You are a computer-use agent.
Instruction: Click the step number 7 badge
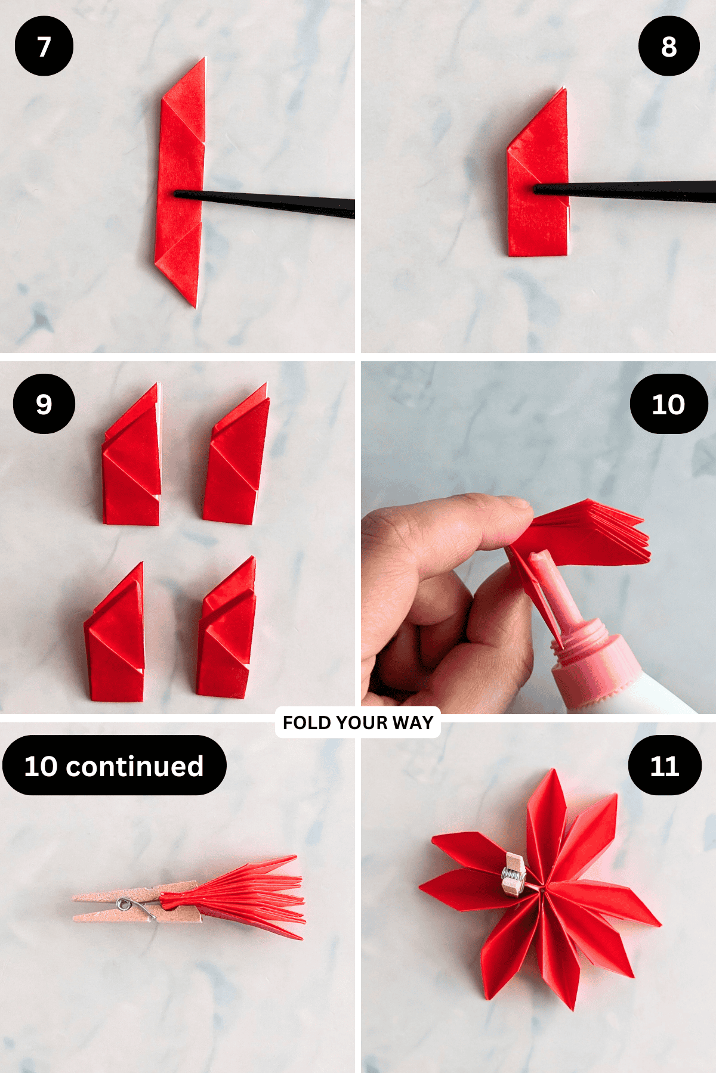click(44, 46)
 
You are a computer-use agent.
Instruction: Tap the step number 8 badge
click(668, 46)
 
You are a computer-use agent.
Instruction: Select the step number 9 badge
click(44, 404)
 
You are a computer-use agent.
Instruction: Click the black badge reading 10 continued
click(114, 765)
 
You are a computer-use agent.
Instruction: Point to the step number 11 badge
click(664, 765)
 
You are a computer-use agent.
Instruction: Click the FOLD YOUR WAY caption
click(357, 722)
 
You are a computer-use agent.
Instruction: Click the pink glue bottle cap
click(591, 662)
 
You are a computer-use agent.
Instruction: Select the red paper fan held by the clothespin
click(251, 894)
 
